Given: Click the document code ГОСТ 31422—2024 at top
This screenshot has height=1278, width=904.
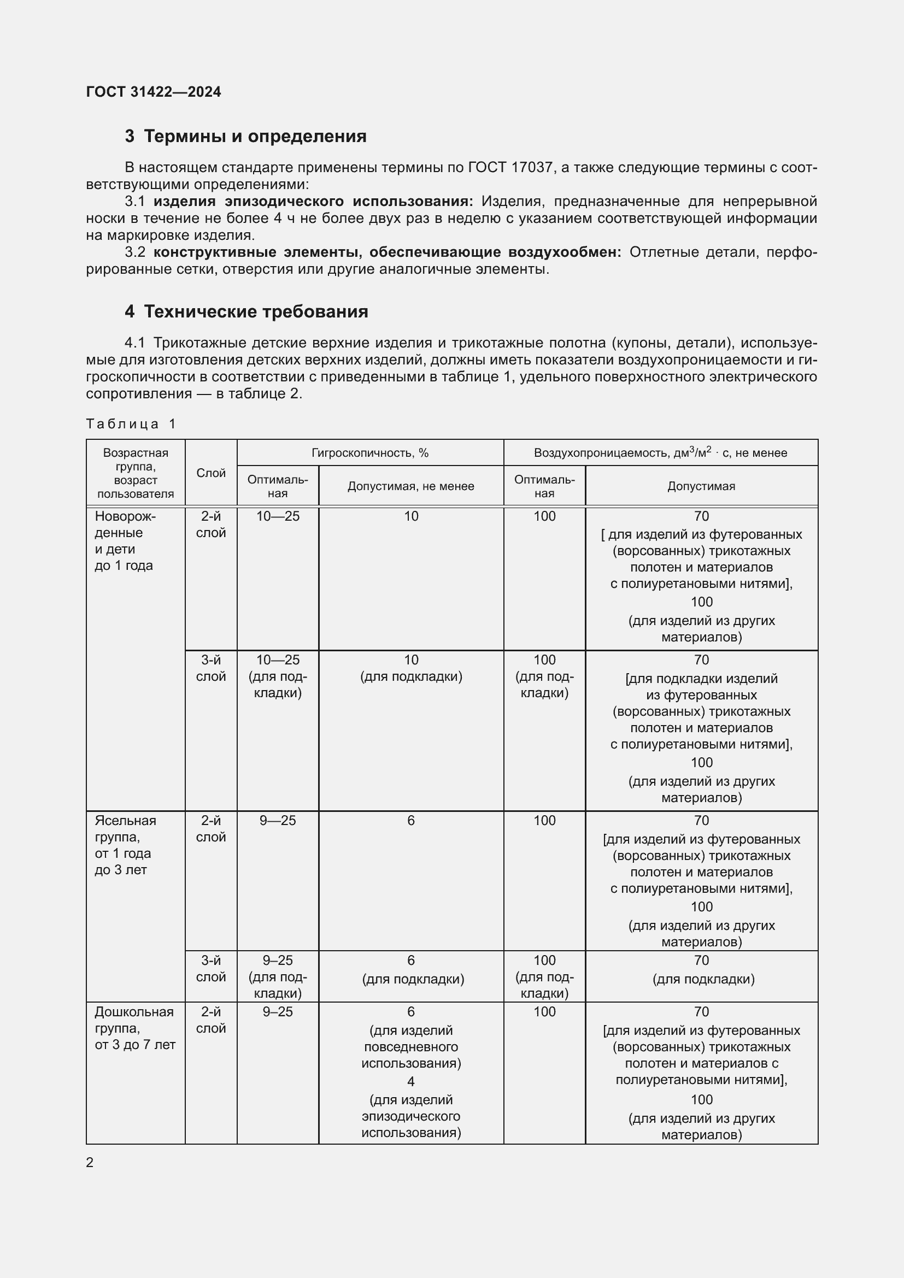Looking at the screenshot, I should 153,92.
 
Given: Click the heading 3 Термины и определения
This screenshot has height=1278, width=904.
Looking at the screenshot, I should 245,137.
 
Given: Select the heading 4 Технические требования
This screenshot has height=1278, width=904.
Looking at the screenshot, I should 246,311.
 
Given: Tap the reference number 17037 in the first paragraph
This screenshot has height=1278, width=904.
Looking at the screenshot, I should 531,168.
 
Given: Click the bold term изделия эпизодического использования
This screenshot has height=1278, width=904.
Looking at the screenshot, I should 313,202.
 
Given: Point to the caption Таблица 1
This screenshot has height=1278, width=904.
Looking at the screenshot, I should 131,424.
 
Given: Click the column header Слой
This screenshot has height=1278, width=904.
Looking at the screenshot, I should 211,473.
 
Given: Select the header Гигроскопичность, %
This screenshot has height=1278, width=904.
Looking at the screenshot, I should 369,453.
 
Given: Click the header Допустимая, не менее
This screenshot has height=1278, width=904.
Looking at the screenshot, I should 411,486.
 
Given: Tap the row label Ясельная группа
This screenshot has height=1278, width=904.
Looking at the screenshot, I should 125,828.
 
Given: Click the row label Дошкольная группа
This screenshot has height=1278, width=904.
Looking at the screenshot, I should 134,1020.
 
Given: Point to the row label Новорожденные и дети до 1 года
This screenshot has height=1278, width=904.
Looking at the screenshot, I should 125,540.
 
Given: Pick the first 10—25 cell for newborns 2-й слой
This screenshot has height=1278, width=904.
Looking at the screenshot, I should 277,516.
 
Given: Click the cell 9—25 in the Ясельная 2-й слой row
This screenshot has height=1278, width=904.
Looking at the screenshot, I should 277,821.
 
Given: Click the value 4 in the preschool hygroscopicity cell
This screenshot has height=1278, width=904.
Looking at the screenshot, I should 411,1081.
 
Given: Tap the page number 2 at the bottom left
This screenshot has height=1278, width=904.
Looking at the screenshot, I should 90,1163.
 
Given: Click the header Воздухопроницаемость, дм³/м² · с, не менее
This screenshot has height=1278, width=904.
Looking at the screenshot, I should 660,453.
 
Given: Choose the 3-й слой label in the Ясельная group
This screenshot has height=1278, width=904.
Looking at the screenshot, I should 211,969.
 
